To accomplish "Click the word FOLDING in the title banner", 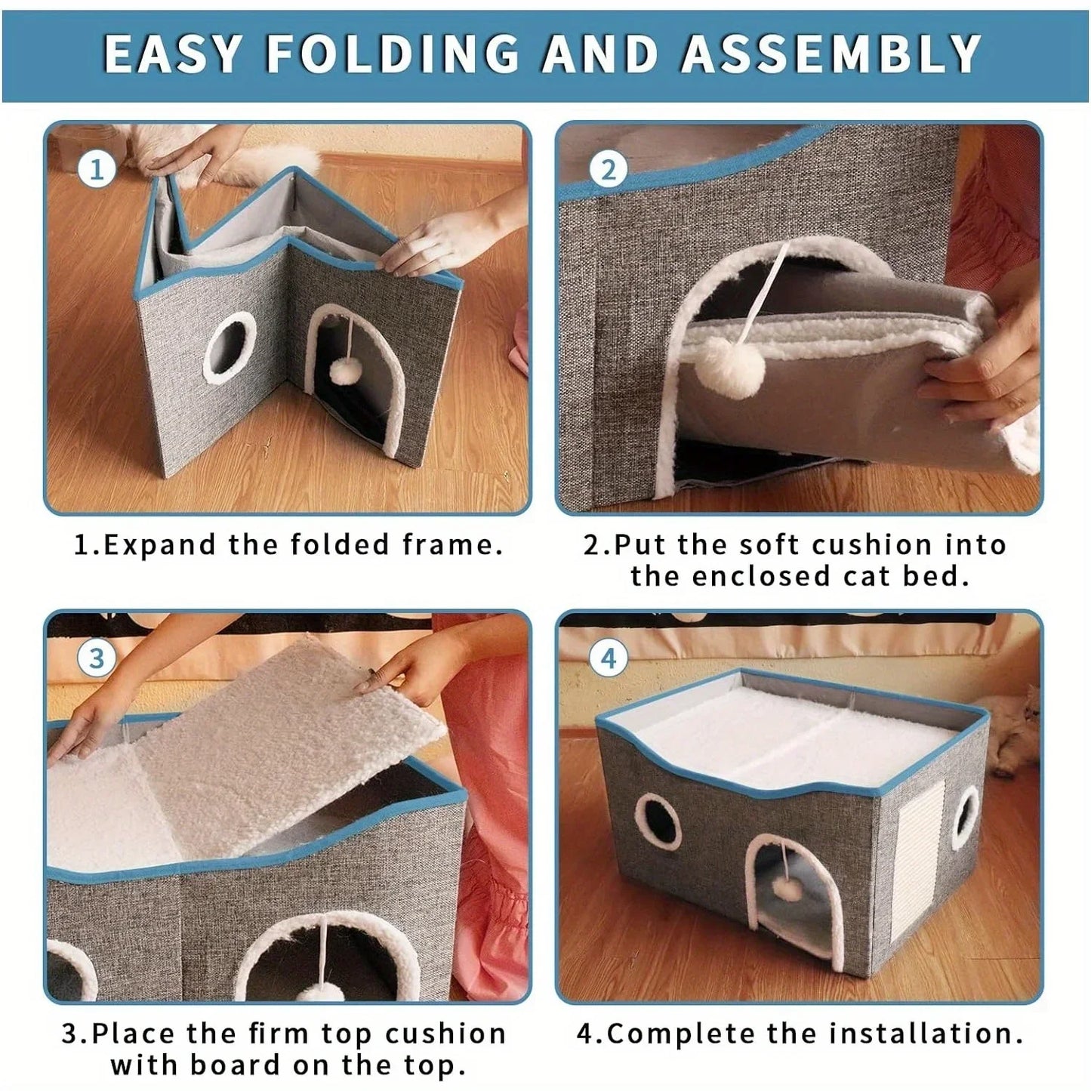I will (393, 54).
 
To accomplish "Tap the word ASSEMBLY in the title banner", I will (831, 54).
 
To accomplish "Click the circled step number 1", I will (97, 169).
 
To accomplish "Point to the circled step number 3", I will (96, 658).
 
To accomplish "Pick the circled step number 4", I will (608, 658).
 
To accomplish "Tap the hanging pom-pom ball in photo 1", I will (347, 371).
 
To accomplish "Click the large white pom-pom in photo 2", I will (730, 365).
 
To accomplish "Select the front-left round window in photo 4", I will (658, 821).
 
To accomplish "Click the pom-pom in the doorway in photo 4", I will (791, 890).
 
